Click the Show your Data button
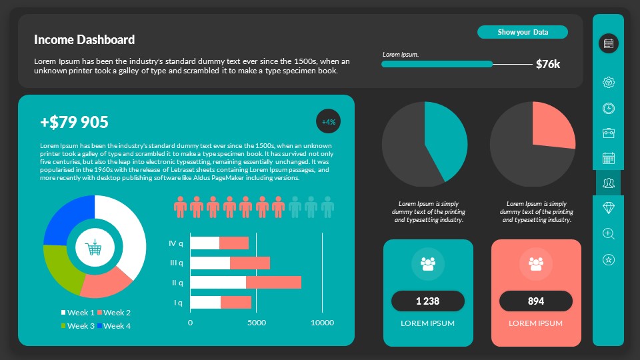pos(523,32)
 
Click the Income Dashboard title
pos(84,40)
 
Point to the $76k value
pos(548,64)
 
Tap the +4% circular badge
pos(329,122)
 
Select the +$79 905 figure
pos(74,122)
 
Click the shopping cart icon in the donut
pos(94,248)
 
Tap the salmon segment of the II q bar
pos(273,283)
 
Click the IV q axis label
pos(176,243)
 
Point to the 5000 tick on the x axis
pos(256,323)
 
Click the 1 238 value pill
pos(428,301)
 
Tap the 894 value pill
pos(536,301)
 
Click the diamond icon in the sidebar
pos(608,208)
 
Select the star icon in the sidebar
pos(608,259)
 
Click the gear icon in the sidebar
pos(608,83)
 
